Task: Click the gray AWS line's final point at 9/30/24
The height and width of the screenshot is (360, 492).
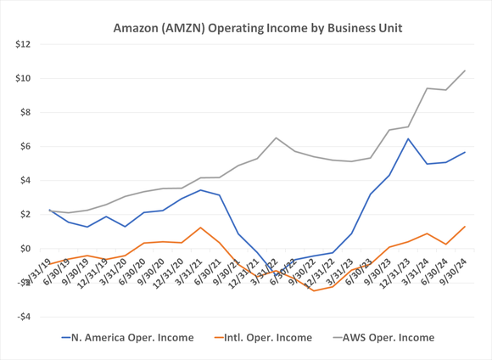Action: pyautogui.click(x=464, y=70)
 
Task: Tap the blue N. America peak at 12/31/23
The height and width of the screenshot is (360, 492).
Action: pyautogui.click(x=408, y=138)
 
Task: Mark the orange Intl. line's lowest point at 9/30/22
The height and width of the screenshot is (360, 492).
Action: pyautogui.click(x=313, y=290)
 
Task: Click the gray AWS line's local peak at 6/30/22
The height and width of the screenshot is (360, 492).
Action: pyautogui.click(x=276, y=138)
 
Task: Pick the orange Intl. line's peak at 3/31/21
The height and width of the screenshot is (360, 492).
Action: pyautogui.click(x=200, y=228)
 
